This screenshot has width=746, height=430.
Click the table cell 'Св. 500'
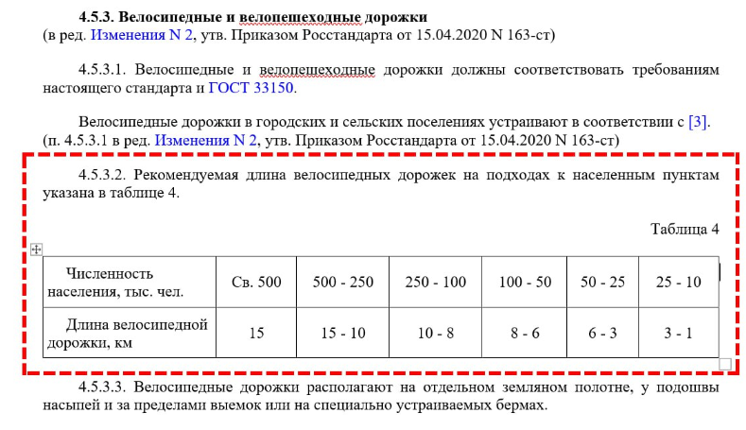click(x=256, y=282)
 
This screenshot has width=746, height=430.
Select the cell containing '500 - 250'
click(x=342, y=282)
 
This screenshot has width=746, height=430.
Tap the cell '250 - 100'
click(x=435, y=282)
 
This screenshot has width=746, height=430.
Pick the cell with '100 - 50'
click(x=525, y=282)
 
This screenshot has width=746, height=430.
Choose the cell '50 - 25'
click(x=603, y=282)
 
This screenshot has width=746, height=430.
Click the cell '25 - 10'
click(x=679, y=282)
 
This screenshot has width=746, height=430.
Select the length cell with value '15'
click(x=256, y=333)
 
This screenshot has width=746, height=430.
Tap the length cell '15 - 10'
click(x=342, y=333)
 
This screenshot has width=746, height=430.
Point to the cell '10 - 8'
click(x=435, y=333)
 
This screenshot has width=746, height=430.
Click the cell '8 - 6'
click(x=525, y=333)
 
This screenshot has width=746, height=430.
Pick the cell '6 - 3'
click(x=603, y=333)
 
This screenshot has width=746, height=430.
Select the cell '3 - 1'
click(x=679, y=333)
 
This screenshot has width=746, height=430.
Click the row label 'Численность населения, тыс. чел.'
click(x=130, y=282)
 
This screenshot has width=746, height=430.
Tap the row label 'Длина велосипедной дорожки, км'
click(x=130, y=334)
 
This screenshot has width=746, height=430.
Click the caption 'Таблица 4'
click(x=685, y=229)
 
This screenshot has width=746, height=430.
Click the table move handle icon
click(x=37, y=249)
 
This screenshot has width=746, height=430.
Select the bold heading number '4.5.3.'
click(x=99, y=17)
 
